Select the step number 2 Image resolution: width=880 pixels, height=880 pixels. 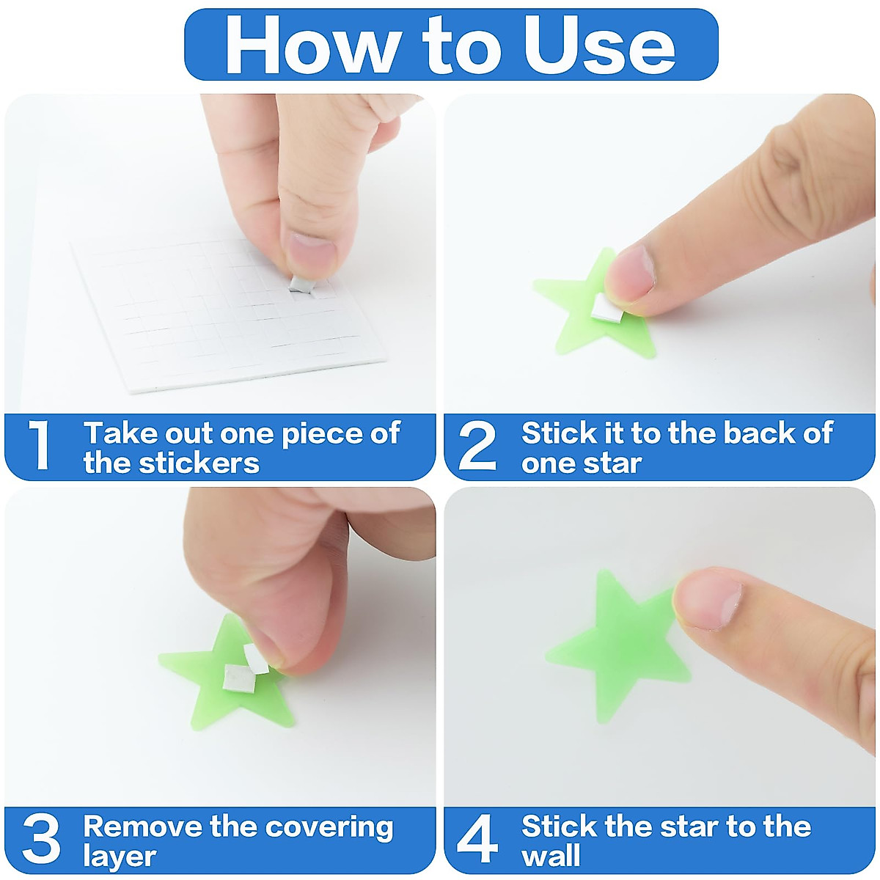point(477,445)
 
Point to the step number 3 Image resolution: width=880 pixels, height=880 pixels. point(40,839)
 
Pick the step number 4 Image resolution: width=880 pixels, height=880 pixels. point(477,839)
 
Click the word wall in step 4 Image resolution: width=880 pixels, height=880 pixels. point(551,857)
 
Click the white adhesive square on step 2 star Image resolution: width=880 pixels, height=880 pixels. point(606,308)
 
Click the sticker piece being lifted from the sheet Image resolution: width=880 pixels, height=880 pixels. point(302,284)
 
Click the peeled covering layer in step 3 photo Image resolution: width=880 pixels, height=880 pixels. point(257,659)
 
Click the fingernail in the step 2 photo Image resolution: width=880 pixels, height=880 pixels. point(630,272)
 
